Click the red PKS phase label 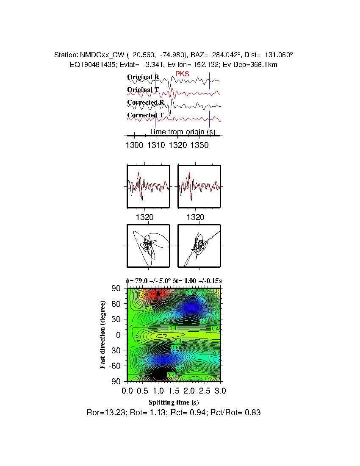[182, 74]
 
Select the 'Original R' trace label [143, 77]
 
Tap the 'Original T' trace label [143, 90]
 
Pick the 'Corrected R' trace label [145, 103]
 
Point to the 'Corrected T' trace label [145, 115]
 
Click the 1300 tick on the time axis [135, 145]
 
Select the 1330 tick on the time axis [199, 145]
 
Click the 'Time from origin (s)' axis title [183, 132]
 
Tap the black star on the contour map [158, 294]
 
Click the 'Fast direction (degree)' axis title [103, 335]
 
